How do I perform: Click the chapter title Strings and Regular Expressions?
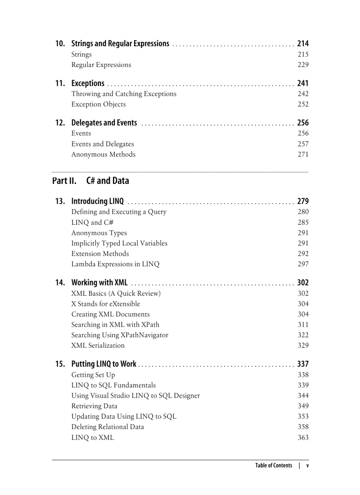point(120,44)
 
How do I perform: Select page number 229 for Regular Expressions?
point(303,65)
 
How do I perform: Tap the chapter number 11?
point(60,83)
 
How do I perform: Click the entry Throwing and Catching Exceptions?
point(124,94)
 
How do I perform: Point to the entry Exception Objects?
point(98,104)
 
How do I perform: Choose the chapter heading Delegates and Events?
point(104,123)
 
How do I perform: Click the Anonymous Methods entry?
point(103,154)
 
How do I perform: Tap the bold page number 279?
point(303,201)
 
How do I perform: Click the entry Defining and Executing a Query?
point(119,212)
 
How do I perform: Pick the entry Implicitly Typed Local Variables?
point(119,243)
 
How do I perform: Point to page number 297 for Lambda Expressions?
point(303,264)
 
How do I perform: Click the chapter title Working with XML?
point(99,283)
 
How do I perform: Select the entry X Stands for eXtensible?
point(105,304)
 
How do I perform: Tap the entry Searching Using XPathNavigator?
point(120,335)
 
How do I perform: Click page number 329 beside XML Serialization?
point(303,346)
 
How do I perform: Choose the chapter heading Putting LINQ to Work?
point(104,364)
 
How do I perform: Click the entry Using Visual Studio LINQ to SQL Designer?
point(135,396)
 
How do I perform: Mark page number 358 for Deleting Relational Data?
point(303,427)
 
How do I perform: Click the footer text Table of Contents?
point(274,465)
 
